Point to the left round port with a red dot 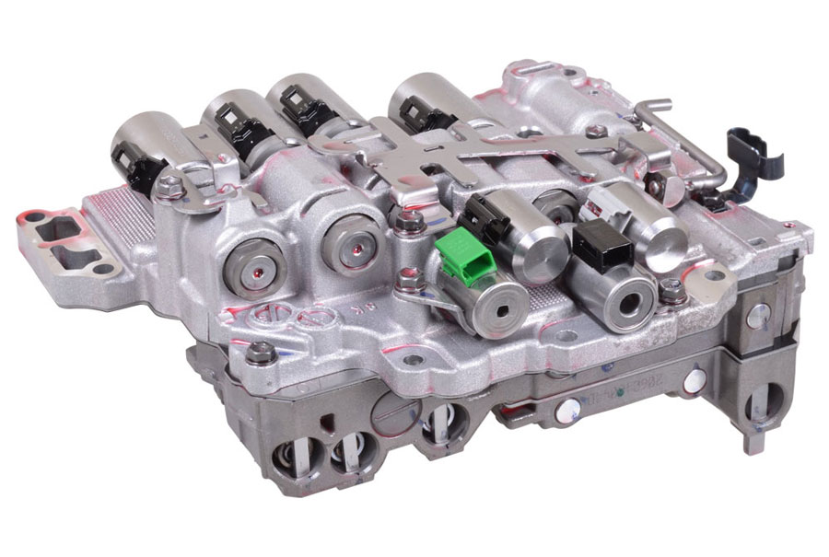pos(253,259)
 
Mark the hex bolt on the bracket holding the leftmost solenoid pos(169,187)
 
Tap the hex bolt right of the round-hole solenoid pos(673,289)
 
